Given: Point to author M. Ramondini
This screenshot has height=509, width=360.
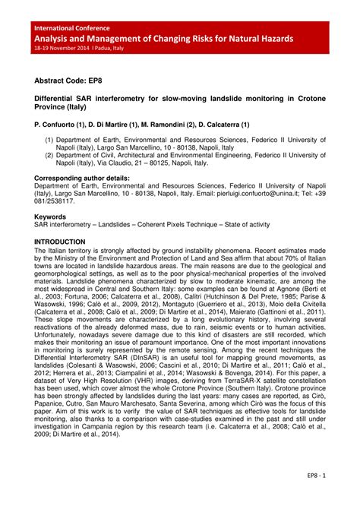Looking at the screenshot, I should (167, 123).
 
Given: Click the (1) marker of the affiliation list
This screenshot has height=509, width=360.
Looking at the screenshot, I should (49, 141).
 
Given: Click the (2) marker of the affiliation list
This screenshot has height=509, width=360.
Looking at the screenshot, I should (49, 156).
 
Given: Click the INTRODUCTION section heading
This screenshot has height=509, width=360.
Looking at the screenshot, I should (65, 241).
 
